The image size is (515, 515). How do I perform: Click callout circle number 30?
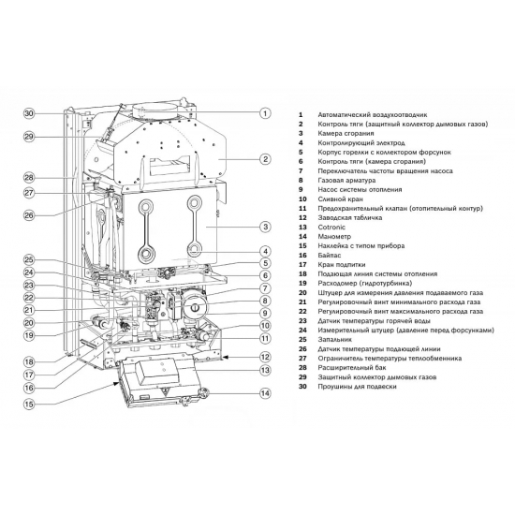pyautogui.click(x=29, y=113)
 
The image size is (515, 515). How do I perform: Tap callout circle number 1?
pyautogui.click(x=265, y=113)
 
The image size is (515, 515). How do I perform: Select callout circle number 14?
pyautogui.click(x=265, y=394)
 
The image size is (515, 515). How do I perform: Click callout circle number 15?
pyautogui.click(x=29, y=405)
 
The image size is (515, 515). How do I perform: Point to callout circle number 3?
pyautogui.click(x=265, y=227)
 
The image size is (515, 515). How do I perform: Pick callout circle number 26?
pyautogui.click(x=29, y=215)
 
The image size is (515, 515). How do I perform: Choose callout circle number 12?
pyautogui.click(x=265, y=357)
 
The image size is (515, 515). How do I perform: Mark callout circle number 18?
pyautogui.click(x=29, y=361)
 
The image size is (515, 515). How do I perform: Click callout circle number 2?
pyautogui.click(x=265, y=159)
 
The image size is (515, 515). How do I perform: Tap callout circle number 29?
pyautogui.click(x=29, y=137)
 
